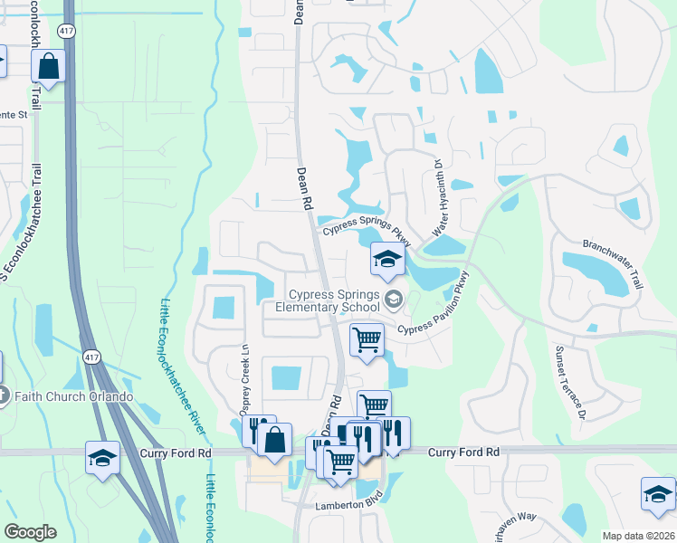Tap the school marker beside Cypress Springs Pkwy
pos(386,261)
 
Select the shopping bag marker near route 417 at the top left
pos(49,66)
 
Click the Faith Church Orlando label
pos(72,396)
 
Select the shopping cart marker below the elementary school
pos(367,340)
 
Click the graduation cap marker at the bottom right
pos(658,494)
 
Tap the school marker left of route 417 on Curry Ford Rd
pos(102,458)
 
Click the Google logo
pos(30,532)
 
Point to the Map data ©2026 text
pos(638,536)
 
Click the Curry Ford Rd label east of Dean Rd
pos(463,452)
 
